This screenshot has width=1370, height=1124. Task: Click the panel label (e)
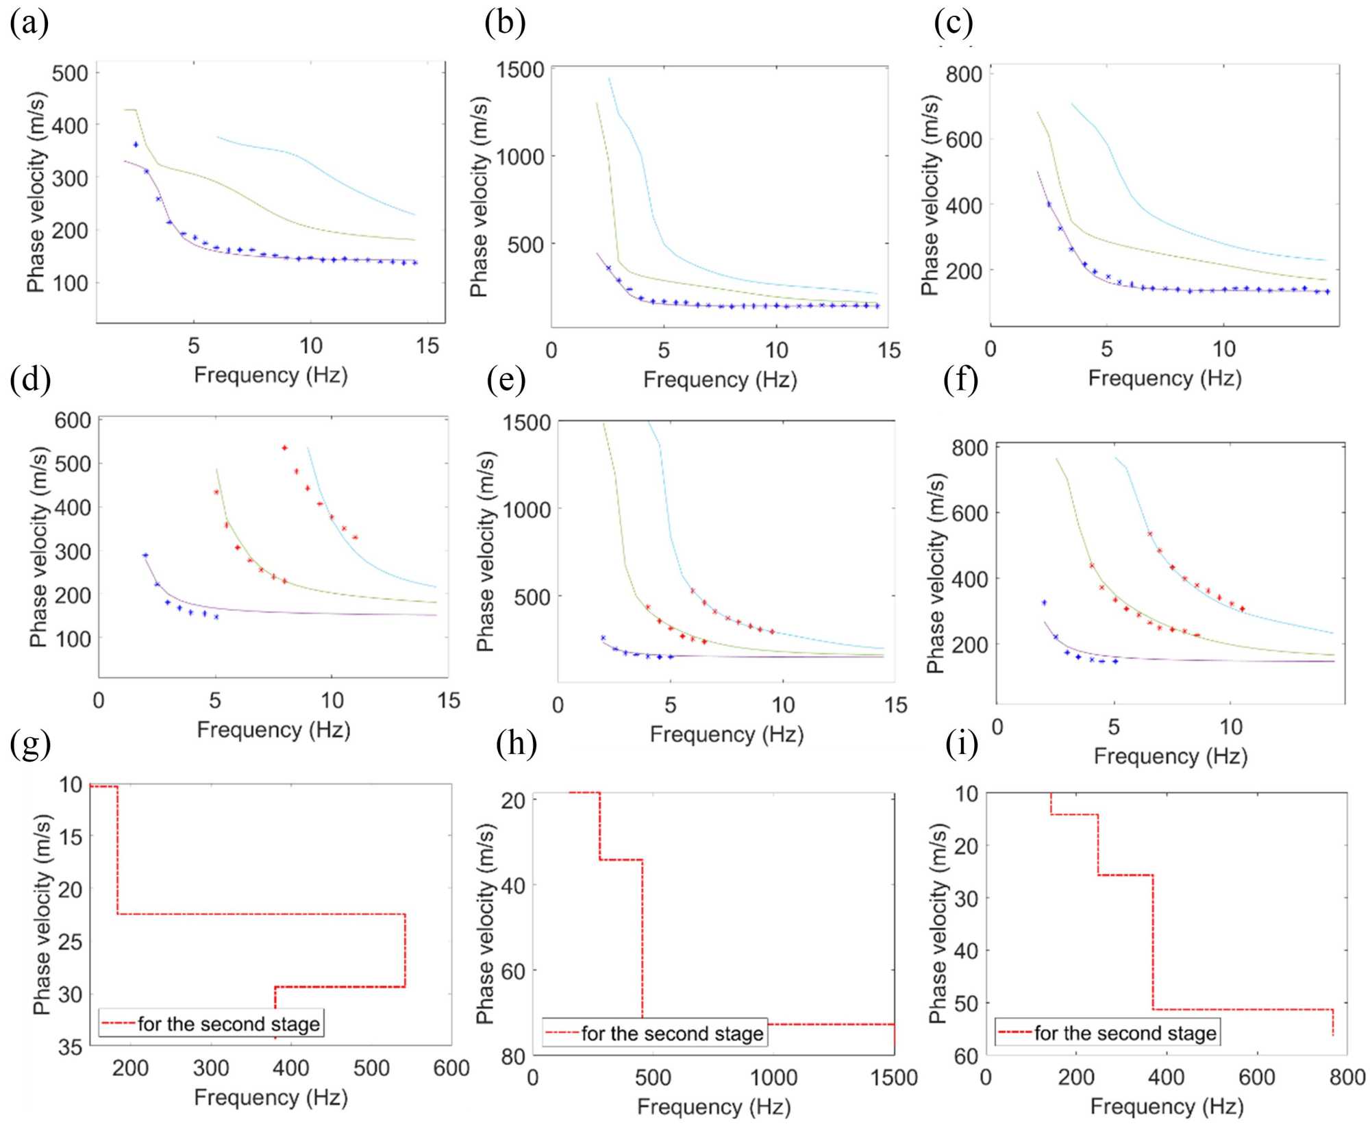click(506, 378)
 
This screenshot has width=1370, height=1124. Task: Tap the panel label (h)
click(516, 744)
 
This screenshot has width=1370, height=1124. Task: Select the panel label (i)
click(962, 744)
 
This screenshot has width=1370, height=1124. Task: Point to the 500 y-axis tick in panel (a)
click(71, 73)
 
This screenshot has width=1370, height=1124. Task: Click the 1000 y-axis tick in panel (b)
click(520, 157)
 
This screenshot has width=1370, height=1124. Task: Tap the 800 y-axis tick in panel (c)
click(964, 74)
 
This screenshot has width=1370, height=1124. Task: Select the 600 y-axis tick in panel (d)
click(73, 420)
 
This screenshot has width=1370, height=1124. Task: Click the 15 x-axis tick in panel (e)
click(895, 705)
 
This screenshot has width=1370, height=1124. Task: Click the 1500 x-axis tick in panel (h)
click(893, 1077)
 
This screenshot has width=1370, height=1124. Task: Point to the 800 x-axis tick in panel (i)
click(1347, 1077)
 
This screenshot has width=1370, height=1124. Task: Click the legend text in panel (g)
click(229, 1024)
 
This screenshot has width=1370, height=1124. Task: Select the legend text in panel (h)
click(672, 1034)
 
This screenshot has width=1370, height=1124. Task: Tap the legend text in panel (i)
click(1125, 1033)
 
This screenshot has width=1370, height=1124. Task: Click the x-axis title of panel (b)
click(720, 380)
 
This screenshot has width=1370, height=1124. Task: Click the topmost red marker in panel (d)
click(284, 448)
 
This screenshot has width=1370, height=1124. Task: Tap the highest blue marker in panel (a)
click(136, 145)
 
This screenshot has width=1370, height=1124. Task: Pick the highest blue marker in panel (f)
click(1044, 603)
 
